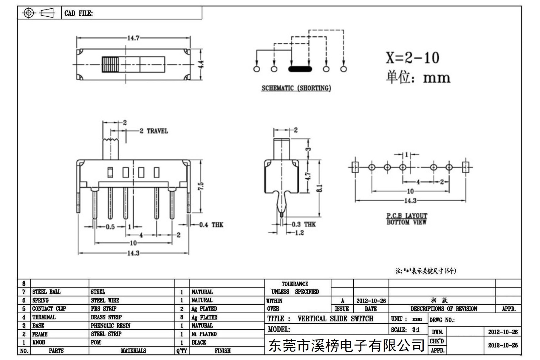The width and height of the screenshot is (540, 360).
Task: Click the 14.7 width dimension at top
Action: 133,38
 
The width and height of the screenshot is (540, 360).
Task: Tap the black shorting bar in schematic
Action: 300,69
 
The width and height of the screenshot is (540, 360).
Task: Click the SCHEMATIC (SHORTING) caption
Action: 296,88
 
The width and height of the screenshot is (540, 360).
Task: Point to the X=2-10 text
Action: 412,58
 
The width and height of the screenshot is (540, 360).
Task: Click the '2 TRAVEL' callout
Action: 154,131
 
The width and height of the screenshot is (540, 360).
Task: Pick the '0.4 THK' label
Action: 211,225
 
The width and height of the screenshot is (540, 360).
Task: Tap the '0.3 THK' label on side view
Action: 304,224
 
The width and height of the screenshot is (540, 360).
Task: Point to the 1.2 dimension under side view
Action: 299,233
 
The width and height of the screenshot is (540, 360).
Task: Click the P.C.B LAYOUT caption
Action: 407,215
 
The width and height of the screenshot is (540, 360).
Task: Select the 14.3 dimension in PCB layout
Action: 410,200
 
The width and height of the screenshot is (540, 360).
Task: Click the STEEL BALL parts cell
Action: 46,292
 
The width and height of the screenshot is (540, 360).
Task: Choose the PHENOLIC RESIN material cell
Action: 111,325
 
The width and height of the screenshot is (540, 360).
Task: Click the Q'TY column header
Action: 182,351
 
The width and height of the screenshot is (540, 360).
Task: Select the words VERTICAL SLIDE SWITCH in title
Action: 335,319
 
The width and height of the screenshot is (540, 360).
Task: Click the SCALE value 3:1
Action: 416,330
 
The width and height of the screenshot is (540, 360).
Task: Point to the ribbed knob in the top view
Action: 110,64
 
